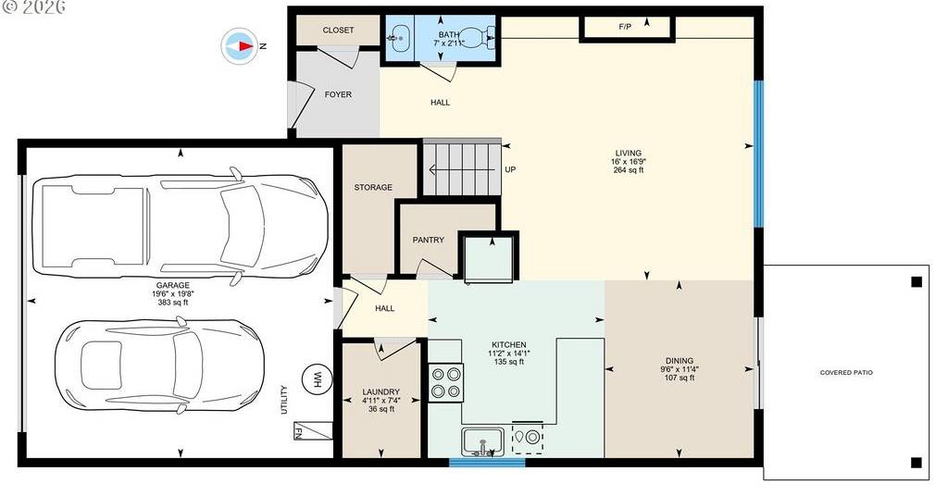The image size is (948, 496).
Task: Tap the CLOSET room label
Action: (338, 31)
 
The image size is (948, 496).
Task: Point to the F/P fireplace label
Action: (625, 27)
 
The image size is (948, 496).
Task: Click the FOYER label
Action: (338, 94)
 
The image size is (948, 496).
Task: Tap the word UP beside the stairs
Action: (510, 169)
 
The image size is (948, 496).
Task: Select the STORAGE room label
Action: (373, 187)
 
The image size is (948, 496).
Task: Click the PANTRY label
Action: (428, 240)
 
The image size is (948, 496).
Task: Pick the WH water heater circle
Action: (317, 378)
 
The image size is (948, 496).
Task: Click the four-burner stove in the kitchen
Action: (446, 382)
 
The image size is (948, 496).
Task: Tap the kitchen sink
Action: (483, 442)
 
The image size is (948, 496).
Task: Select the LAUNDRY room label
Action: (380, 392)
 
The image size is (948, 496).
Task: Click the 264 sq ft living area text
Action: (629, 170)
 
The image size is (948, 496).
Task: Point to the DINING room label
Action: (680, 361)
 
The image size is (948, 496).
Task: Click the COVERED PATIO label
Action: (846, 373)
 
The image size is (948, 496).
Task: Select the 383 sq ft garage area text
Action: (173, 303)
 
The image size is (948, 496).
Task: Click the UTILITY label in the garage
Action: (283, 400)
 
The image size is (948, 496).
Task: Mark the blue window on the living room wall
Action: (759, 154)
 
